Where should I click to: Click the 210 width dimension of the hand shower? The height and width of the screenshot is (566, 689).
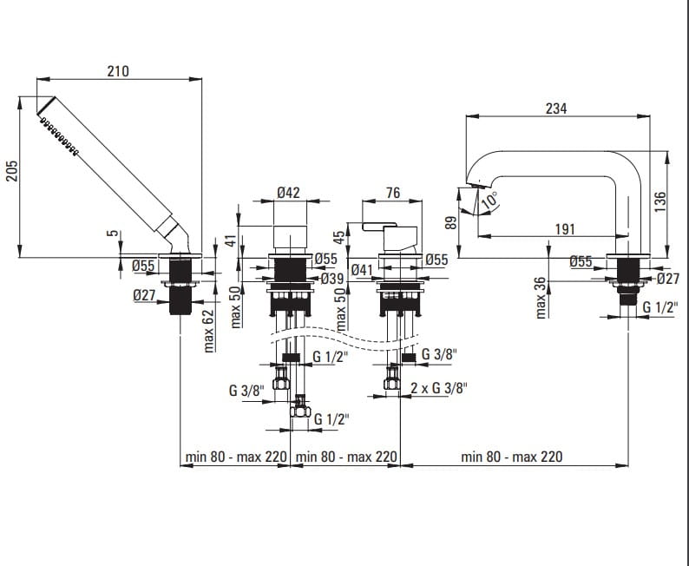[x=118, y=71]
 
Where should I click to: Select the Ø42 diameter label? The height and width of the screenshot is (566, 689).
[x=288, y=193]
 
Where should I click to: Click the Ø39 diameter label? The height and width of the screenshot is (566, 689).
[x=331, y=279]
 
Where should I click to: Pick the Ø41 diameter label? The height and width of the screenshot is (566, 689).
[x=363, y=270]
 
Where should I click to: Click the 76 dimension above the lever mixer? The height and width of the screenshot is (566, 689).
[x=392, y=193]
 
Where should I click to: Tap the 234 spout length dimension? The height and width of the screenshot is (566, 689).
[x=555, y=109]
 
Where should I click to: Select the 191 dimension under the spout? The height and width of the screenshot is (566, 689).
[x=566, y=229]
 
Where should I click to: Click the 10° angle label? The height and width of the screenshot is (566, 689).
[x=489, y=199]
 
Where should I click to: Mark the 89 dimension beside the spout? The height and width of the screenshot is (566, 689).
[x=449, y=223]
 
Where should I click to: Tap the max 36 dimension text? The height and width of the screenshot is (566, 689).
[x=541, y=297]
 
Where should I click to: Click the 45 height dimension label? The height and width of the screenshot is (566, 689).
[x=339, y=238]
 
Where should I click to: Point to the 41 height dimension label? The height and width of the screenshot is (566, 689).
[x=231, y=240]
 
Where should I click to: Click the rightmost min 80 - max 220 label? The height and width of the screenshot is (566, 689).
[x=512, y=457]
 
